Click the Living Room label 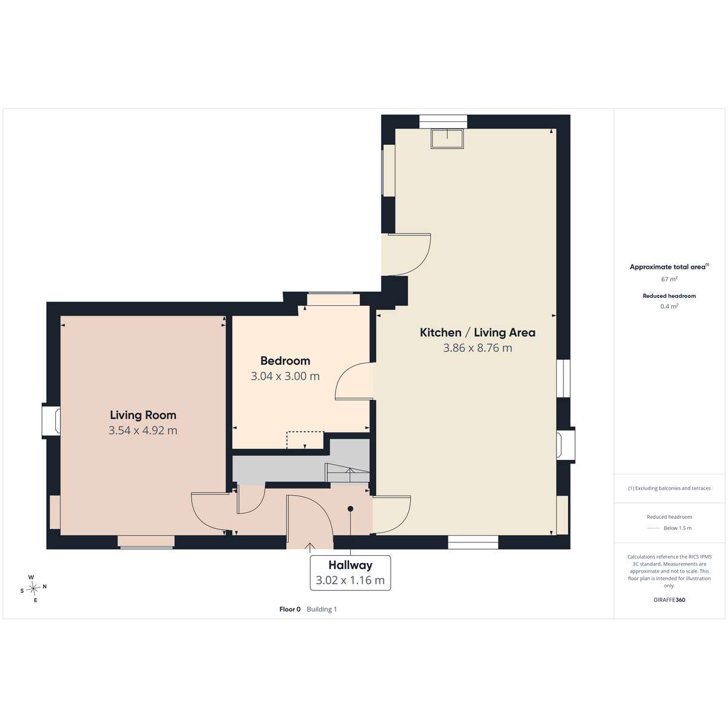pyautogui.click(x=143, y=415)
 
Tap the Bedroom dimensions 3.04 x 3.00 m pyautogui.click(x=285, y=376)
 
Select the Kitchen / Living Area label pyautogui.click(x=477, y=332)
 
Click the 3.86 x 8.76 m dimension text pyautogui.click(x=477, y=348)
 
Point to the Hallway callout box pyautogui.click(x=350, y=573)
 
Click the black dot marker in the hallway pyautogui.click(x=350, y=509)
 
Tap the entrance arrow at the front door pyautogui.click(x=310, y=547)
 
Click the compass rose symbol pyautogui.click(x=33, y=588)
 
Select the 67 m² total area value pyautogui.click(x=669, y=279)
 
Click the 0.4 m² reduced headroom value pyautogui.click(x=669, y=306)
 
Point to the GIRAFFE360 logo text pyautogui.click(x=669, y=599)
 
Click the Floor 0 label pyautogui.click(x=290, y=609)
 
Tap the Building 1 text pyautogui.click(x=322, y=609)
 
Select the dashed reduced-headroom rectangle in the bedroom pyautogui.click(x=305, y=440)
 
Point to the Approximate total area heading pyautogui.click(x=669, y=267)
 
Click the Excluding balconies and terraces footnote pyautogui.click(x=669, y=488)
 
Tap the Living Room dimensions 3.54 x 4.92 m pyautogui.click(x=143, y=430)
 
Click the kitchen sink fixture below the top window pyautogui.click(x=447, y=139)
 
